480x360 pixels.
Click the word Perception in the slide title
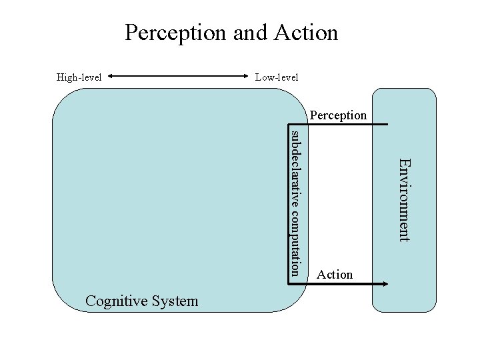176,33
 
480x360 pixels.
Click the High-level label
79,77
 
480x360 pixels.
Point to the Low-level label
277,77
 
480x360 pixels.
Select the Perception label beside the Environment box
338,115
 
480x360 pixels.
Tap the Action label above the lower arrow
335,274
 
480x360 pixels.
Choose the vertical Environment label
405,199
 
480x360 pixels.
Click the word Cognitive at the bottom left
113,301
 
